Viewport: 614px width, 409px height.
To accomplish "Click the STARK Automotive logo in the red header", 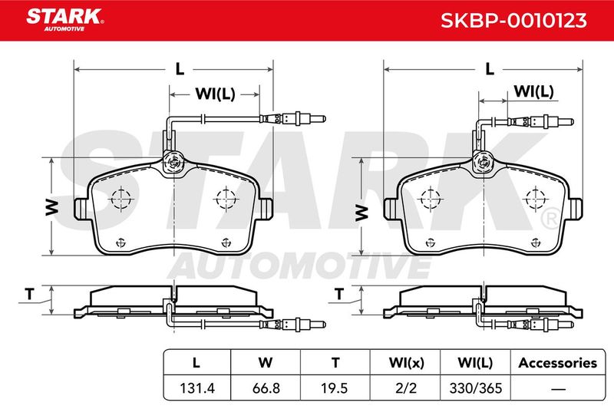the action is point(64,19).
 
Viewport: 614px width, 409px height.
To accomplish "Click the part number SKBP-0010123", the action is point(513,21).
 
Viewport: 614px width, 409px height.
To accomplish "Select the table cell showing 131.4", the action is point(197,388).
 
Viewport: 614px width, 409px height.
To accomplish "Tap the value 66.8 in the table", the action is point(266,388).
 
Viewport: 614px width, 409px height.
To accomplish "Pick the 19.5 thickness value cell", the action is point(334,388).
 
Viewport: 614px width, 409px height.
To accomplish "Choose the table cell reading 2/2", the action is point(406,388).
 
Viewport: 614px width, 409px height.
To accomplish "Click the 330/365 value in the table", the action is point(475,388).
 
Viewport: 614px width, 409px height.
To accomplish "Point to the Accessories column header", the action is point(558,363).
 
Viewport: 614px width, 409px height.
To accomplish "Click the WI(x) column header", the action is point(406,363).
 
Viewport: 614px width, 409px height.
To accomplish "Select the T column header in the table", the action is point(335,363).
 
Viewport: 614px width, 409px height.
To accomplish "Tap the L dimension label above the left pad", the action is point(180,69).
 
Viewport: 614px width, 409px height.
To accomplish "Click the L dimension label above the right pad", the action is point(490,69).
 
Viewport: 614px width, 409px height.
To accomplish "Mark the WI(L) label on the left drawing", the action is point(216,94).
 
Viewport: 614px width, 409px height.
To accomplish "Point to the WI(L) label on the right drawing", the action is point(533,91).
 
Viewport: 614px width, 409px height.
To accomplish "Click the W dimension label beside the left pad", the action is point(51,207).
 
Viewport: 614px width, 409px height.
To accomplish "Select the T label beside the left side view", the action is point(30,294).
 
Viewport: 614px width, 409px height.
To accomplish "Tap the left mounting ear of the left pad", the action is point(81,209).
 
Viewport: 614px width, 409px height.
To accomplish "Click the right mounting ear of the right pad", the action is point(575,209).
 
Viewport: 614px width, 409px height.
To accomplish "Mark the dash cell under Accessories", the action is point(558,389).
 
